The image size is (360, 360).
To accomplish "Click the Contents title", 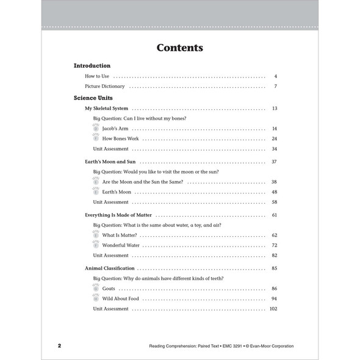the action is pyautogui.click(x=179, y=48).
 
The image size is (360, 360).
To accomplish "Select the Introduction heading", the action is pyautogui.click(x=92, y=65).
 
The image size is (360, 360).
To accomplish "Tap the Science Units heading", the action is pyautogui.click(x=93, y=98).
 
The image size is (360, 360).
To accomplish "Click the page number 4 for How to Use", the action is pyautogui.click(x=275, y=76).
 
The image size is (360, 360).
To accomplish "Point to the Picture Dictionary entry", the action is pyautogui.click(x=105, y=87).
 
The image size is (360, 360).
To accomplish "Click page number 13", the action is pyautogui.click(x=275, y=108).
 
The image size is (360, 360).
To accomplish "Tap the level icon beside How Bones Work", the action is pyautogui.click(x=96, y=139).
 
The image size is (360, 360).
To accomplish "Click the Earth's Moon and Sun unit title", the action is pyautogui.click(x=110, y=162).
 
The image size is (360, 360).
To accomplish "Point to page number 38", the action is pyautogui.click(x=275, y=182).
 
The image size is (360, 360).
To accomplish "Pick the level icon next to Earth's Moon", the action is pyautogui.click(x=96, y=192).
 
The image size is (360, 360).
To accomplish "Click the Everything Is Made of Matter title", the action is pyautogui.click(x=118, y=215).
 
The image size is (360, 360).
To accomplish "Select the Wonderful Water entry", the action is pyautogui.click(x=121, y=245).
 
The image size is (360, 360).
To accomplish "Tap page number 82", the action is pyautogui.click(x=275, y=256).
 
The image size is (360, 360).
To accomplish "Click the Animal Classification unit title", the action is pyautogui.click(x=110, y=268).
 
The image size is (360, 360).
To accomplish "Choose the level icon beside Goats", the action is pyautogui.click(x=96, y=288).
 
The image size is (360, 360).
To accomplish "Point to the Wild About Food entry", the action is pyautogui.click(x=121, y=298).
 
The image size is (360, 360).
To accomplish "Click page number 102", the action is pyautogui.click(x=273, y=309).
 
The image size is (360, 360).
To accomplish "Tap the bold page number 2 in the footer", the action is pyautogui.click(x=59, y=346).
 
